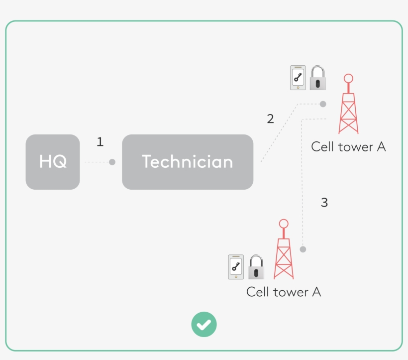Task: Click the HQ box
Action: click(53, 162)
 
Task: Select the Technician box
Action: click(188, 162)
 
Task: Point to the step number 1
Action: click(100, 142)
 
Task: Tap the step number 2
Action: click(270, 119)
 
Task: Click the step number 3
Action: click(324, 203)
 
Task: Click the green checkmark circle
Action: click(204, 325)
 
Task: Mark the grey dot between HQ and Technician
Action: click(112, 162)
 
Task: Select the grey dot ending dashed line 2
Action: click(323, 104)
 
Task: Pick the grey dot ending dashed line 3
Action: click(303, 249)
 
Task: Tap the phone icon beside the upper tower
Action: click(298, 78)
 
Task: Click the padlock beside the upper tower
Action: click(317, 78)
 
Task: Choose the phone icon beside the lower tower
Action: click(236, 267)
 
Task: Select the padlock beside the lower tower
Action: click(256, 267)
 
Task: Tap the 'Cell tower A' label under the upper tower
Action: click(348, 147)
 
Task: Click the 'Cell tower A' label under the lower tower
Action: click(284, 292)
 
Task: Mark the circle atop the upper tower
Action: click(348, 78)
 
